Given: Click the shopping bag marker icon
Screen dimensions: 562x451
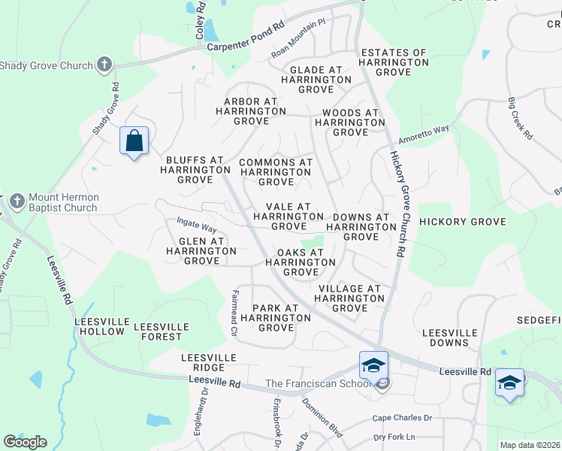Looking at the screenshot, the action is pyautogui.click(x=134, y=141).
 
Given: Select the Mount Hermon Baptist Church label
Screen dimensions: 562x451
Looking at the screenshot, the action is pyautogui.click(x=63, y=203).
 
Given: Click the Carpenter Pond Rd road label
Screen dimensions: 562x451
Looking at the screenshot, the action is pyautogui.click(x=246, y=46).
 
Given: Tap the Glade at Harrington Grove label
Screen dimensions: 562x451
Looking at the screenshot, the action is pyautogui.click(x=310, y=79).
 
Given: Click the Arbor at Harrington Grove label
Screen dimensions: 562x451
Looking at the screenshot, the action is pyautogui.click(x=251, y=110).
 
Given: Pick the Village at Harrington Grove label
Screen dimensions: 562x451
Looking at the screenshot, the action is pyautogui.click(x=349, y=298).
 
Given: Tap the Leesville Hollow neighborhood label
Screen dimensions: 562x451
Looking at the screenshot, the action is pyautogui.click(x=99, y=326).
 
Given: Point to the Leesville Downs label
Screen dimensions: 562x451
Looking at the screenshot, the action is pyautogui.click(x=450, y=337).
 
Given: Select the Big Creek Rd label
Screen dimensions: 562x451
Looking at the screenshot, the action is pyautogui.click(x=519, y=119).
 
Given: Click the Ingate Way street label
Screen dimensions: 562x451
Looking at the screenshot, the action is pyautogui.click(x=196, y=225).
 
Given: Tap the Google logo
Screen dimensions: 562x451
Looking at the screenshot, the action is pyautogui.click(x=25, y=442).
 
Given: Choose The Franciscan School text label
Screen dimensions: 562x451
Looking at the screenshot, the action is pyautogui.click(x=318, y=384).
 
